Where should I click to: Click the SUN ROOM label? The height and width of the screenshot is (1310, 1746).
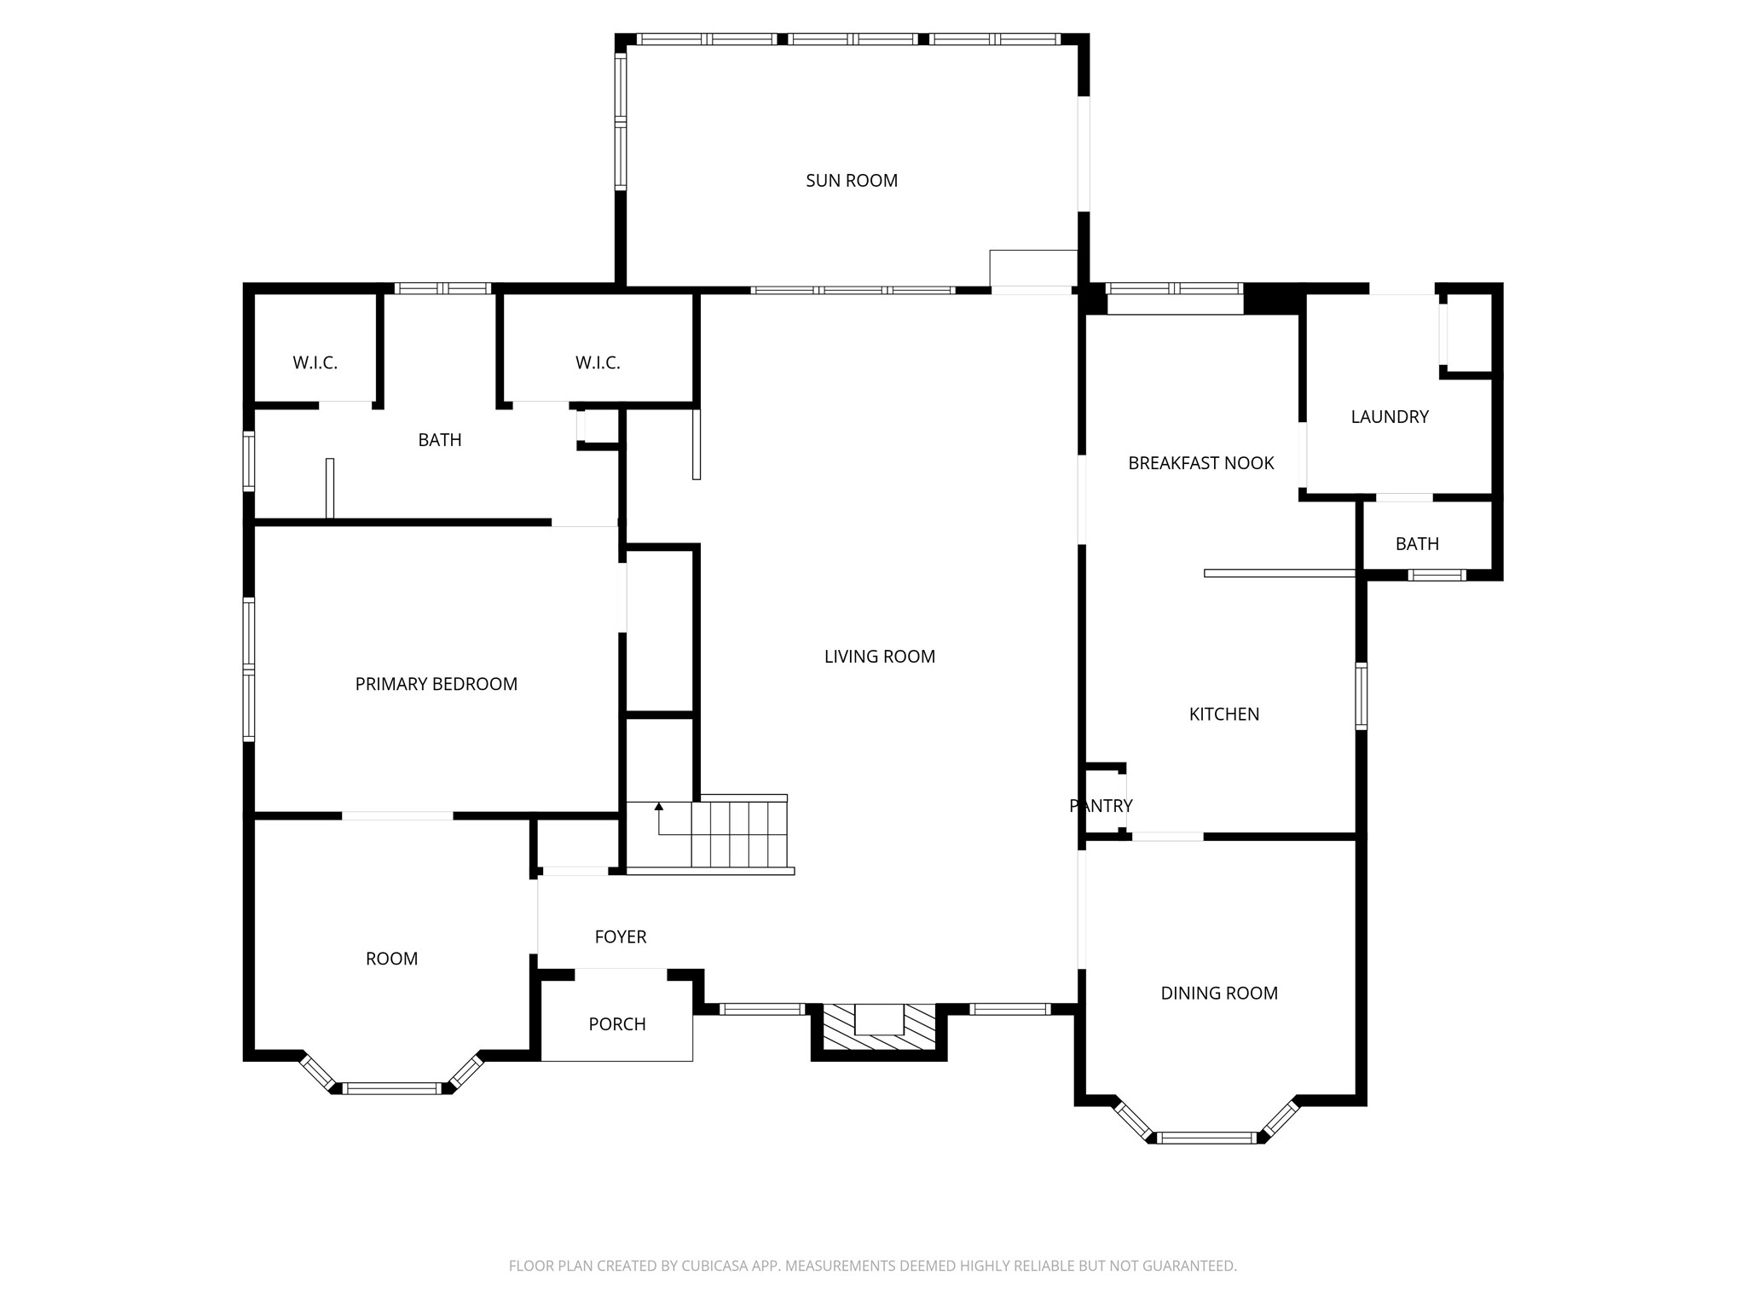851,181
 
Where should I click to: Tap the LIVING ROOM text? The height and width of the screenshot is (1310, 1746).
879,657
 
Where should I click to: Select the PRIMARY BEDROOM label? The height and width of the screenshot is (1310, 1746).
436,684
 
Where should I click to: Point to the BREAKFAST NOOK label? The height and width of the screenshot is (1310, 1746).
1200,463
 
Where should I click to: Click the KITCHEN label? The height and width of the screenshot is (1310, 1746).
1223,715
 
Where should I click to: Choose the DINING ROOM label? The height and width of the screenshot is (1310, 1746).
1218,993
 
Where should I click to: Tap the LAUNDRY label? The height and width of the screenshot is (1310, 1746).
1389,417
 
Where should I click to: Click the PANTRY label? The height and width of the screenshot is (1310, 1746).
1100,806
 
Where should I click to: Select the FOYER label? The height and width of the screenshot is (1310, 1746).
620,937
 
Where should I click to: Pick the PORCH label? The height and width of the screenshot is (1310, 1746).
616,1024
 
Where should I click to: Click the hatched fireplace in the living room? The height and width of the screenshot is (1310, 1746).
879,1029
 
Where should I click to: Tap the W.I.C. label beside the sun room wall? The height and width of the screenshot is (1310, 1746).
597,363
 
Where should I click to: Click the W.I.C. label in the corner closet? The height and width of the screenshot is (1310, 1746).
315,363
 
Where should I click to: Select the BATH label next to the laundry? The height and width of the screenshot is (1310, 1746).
1416,544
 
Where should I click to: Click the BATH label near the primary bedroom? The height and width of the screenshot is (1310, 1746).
439,440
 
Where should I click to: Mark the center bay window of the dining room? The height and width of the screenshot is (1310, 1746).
1206,1137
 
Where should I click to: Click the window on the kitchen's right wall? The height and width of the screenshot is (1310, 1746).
1361,697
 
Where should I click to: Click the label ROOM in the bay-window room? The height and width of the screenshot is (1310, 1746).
391,959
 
